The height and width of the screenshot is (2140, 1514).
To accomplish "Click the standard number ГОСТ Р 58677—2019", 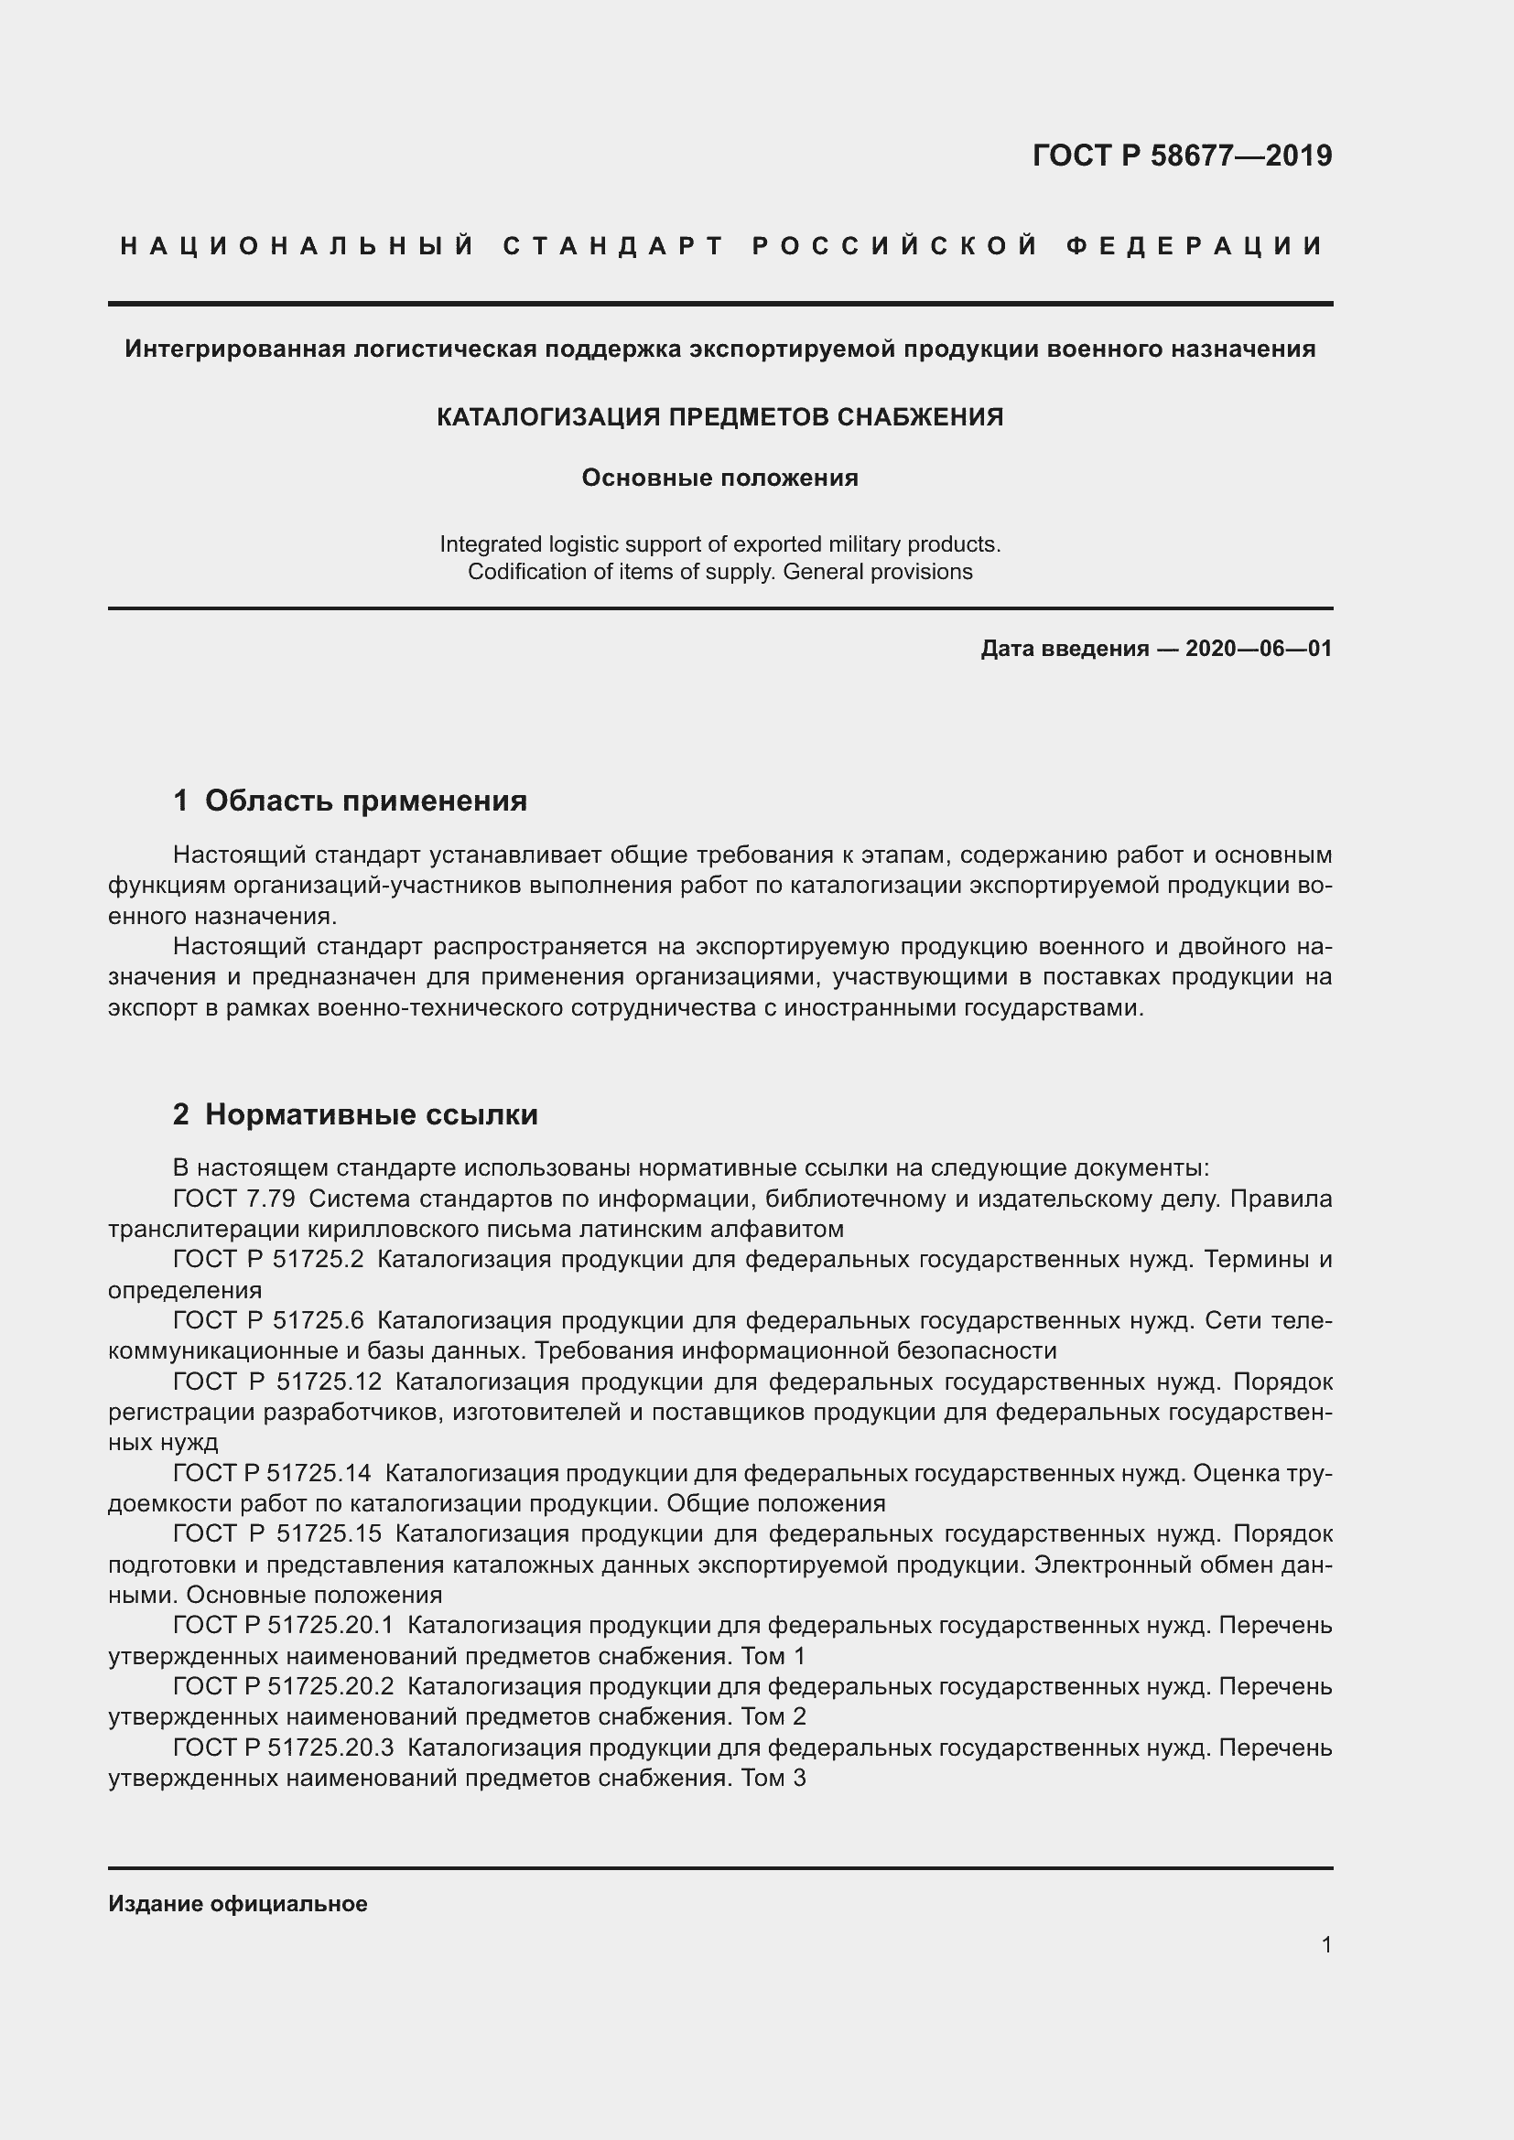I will [x=1181, y=156].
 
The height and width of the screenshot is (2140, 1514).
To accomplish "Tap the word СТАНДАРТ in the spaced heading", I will [x=613, y=246].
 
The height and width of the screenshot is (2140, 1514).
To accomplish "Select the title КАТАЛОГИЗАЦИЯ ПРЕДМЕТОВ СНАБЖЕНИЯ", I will [x=719, y=416].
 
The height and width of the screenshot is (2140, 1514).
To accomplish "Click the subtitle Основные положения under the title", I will [x=719, y=479].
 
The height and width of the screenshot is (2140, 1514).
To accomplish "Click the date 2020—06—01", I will [x=1259, y=649].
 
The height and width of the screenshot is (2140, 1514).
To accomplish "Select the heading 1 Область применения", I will [x=350, y=800].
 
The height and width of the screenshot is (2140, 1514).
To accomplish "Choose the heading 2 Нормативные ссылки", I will [x=355, y=1113].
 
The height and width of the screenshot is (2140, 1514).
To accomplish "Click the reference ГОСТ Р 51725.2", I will [x=268, y=1259].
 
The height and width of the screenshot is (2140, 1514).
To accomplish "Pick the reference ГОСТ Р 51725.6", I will [x=268, y=1321].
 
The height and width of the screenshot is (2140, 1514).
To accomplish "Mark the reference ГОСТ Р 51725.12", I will [x=276, y=1382].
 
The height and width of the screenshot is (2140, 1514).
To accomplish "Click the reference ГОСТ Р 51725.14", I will [x=272, y=1473].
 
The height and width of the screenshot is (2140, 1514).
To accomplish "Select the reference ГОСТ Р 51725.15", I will [x=276, y=1533].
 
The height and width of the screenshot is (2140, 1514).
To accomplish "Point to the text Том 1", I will [x=773, y=1656].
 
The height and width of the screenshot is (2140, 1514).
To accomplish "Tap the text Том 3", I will [x=773, y=1778].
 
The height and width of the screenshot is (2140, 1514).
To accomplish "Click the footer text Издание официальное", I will [x=238, y=1904].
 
